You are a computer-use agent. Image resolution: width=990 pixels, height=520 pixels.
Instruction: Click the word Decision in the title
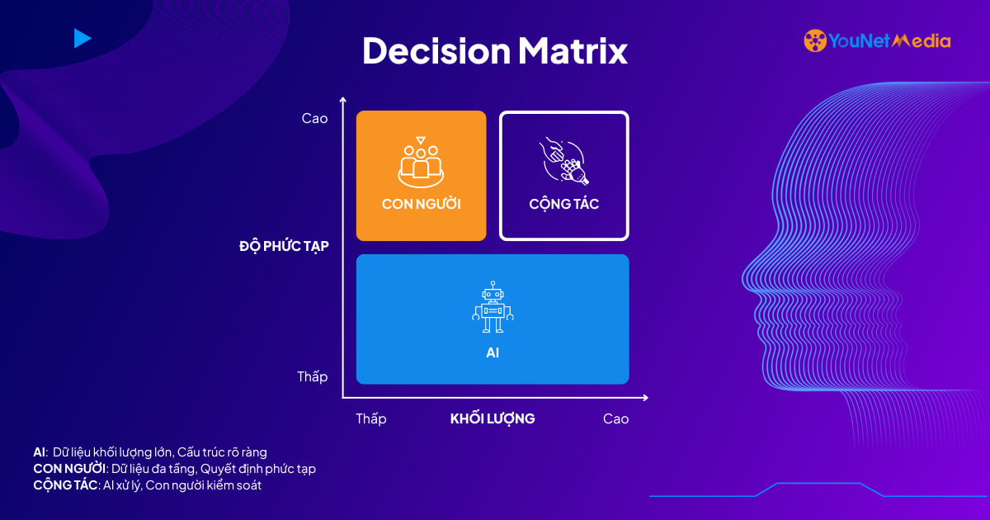(436, 50)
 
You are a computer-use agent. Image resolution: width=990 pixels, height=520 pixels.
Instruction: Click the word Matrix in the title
(573, 50)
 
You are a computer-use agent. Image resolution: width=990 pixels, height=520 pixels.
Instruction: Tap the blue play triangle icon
(82, 39)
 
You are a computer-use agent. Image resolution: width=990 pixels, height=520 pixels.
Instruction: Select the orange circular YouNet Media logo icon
(815, 40)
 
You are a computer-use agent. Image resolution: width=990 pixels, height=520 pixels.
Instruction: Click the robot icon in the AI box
(493, 307)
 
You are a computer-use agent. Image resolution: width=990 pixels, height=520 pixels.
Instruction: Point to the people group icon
(421, 162)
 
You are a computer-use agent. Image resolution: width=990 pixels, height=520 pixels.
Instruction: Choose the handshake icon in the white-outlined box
(564, 161)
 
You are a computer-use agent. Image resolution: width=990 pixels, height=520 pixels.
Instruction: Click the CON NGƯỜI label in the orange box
(422, 204)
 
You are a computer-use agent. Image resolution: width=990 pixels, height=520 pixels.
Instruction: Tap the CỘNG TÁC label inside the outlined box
(564, 204)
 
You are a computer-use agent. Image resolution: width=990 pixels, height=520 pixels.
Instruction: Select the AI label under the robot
(493, 353)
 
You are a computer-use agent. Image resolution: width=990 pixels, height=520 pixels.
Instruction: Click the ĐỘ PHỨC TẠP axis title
(284, 246)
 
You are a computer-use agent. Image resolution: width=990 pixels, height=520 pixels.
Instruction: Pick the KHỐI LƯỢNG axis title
(493, 418)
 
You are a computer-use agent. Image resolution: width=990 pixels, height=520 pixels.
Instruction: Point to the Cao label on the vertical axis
(314, 119)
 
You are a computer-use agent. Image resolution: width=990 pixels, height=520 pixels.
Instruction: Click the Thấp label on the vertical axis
(313, 376)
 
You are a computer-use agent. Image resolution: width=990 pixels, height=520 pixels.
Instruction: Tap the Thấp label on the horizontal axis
(371, 418)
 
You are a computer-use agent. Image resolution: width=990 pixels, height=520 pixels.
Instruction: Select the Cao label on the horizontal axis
(615, 418)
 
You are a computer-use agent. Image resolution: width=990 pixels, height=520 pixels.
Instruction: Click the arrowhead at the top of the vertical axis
(343, 100)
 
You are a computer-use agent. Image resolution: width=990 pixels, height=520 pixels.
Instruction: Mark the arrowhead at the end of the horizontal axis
(645, 398)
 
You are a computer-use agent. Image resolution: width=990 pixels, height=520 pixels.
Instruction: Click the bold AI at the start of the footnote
(40, 452)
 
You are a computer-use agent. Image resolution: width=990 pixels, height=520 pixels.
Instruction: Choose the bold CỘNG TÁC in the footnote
(65, 485)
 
